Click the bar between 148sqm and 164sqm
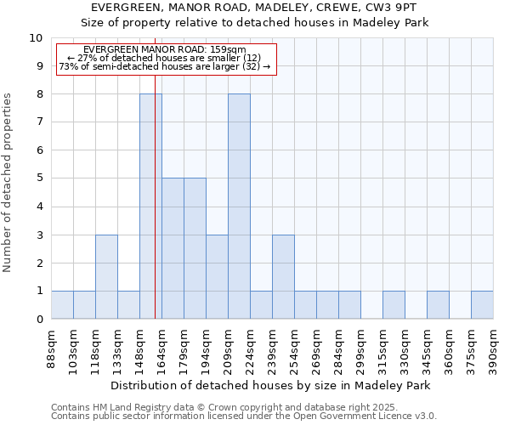pyautogui.click(x=150, y=207)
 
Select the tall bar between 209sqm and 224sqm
pyautogui.click(x=239, y=207)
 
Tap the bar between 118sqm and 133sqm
pyautogui.click(x=106, y=277)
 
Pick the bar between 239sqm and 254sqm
pyautogui.click(x=283, y=277)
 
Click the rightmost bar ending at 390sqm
pyautogui.click(x=482, y=305)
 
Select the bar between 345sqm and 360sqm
pyautogui.click(x=438, y=305)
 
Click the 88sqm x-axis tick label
pyautogui.click(x=52, y=349)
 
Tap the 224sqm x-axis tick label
pyautogui.click(x=251, y=349)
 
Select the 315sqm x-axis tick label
pyautogui.click(x=383, y=349)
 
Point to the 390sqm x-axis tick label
pyautogui.click(x=494, y=349)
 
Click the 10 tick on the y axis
pyautogui.click(x=36, y=38)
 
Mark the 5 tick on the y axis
pyautogui.click(x=39, y=178)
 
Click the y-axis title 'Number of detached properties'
pyautogui.click(x=8, y=183)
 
